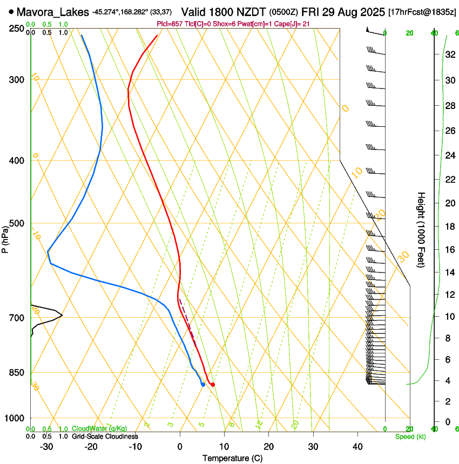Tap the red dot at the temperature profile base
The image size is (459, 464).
(x=213, y=385)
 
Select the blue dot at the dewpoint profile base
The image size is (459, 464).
(x=202, y=384)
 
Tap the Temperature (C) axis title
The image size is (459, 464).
(x=232, y=459)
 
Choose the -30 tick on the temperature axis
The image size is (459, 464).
(x=46, y=447)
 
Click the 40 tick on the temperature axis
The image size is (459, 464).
(x=357, y=447)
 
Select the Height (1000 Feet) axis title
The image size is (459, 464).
(x=422, y=230)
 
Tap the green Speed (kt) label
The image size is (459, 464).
(x=410, y=436)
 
